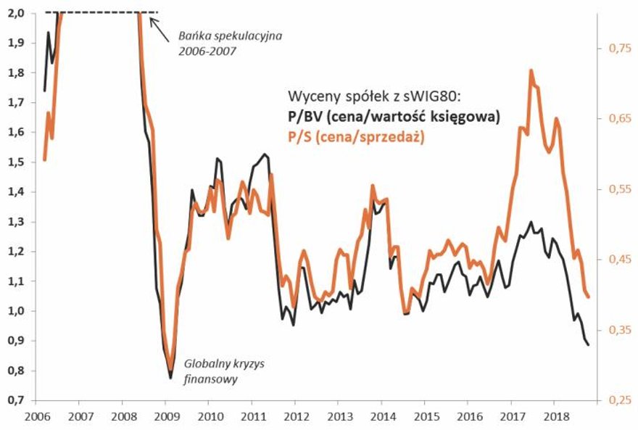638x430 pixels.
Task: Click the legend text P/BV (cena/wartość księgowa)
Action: click(394, 117)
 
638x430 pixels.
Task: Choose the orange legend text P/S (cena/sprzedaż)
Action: click(356, 136)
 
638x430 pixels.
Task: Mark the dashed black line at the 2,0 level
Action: click(101, 12)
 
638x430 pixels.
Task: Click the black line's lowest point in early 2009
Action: click(170, 378)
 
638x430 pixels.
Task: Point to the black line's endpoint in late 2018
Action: click(588, 344)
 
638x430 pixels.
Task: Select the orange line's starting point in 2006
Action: click(44, 160)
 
